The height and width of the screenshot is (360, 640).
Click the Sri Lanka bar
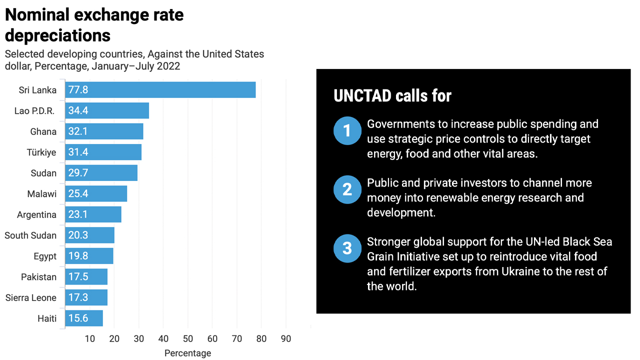pyautogui.click(x=160, y=90)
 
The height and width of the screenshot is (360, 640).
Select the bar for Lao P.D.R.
pyautogui.click(x=107, y=110)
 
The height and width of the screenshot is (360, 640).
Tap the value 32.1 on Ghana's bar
pyautogui.click(x=78, y=131)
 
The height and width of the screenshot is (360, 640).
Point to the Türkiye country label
pyautogui.click(x=41, y=152)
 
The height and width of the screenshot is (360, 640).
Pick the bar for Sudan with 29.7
pyautogui.click(x=101, y=173)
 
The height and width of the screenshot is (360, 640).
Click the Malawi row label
pyautogui.click(x=42, y=194)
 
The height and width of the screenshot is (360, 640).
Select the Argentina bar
pyautogui.click(x=93, y=215)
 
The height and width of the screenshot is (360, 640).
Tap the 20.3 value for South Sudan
pyautogui.click(x=78, y=235)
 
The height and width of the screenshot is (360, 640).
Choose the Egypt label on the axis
pyautogui.click(x=45, y=256)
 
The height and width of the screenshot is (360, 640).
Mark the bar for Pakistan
pyautogui.click(x=86, y=277)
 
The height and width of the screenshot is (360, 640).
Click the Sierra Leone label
pyautogui.click(x=31, y=298)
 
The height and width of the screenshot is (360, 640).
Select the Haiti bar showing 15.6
pyautogui.click(x=84, y=318)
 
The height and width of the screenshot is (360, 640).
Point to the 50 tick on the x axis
pyautogui.click(x=188, y=339)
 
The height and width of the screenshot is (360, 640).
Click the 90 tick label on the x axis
pyautogui.click(x=286, y=339)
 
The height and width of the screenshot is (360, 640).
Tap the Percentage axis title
pyautogui.click(x=188, y=353)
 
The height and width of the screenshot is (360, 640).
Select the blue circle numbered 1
pyautogui.click(x=347, y=131)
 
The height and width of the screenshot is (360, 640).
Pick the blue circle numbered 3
pyautogui.click(x=347, y=248)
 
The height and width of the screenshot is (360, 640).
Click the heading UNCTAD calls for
pyautogui.click(x=392, y=95)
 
